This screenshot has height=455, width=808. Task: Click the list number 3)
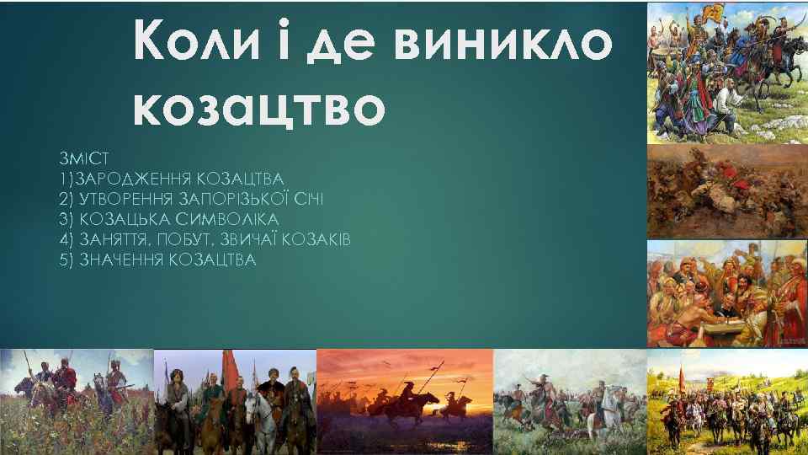point(67,219)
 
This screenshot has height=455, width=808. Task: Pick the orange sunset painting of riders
point(404,401)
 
